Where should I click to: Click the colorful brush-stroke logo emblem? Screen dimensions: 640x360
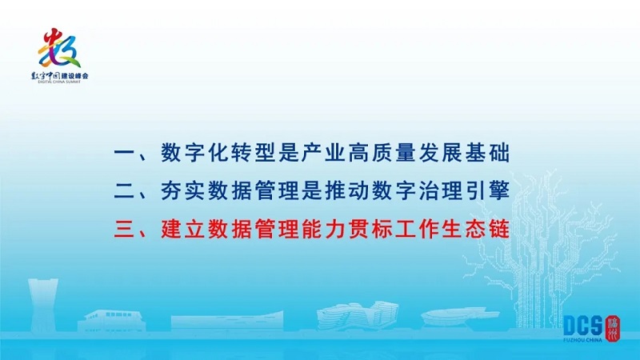click(59, 48)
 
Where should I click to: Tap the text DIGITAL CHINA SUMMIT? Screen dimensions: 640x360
click(59, 82)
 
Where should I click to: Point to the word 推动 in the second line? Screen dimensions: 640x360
click(347, 190)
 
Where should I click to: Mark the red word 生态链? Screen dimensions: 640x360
click(475, 229)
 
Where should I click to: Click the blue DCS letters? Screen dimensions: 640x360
click(583, 326)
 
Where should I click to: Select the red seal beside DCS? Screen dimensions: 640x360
click(613, 328)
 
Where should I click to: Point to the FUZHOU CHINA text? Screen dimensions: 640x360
click(582, 339)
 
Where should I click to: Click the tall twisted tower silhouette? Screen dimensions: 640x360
click(42, 306)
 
